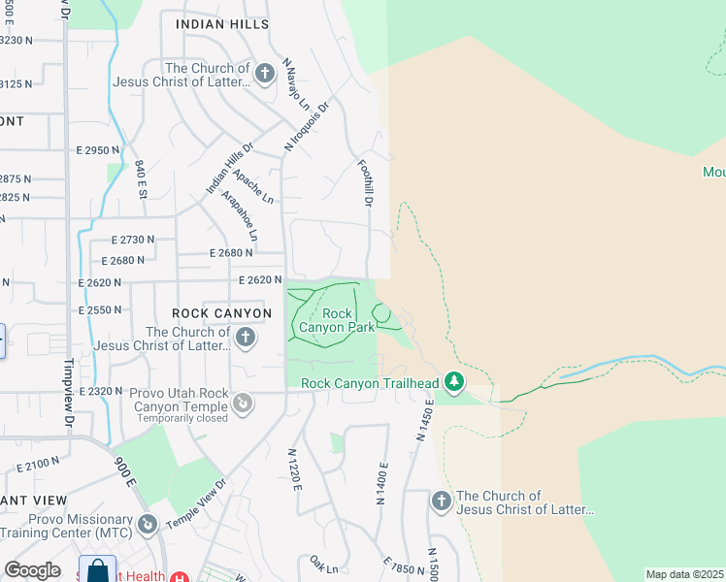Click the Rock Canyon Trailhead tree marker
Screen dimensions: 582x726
tap(453, 382)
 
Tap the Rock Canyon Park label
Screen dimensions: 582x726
tap(336, 320)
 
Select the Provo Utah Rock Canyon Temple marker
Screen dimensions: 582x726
tap(244, 401)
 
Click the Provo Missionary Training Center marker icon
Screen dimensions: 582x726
tap(148, 524)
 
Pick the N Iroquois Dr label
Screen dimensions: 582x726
tap(308, 125)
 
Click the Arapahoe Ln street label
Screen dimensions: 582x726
tap(240, 215)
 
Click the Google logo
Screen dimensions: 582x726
tap(33, 570)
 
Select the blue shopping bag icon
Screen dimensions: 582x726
tap(98, 570)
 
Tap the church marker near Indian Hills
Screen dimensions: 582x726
tap(264, 74)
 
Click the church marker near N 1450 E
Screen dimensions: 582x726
tap(442, 501)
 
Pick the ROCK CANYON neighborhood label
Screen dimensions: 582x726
tap(221, 313)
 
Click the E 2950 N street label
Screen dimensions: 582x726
tap(97, 150)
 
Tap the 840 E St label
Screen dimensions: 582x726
tap(141, 179)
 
